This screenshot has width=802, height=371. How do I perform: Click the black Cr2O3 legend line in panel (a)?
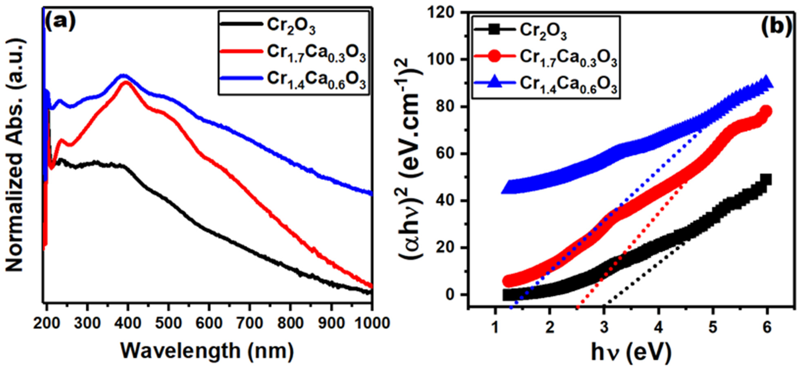[x=240, y=23]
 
